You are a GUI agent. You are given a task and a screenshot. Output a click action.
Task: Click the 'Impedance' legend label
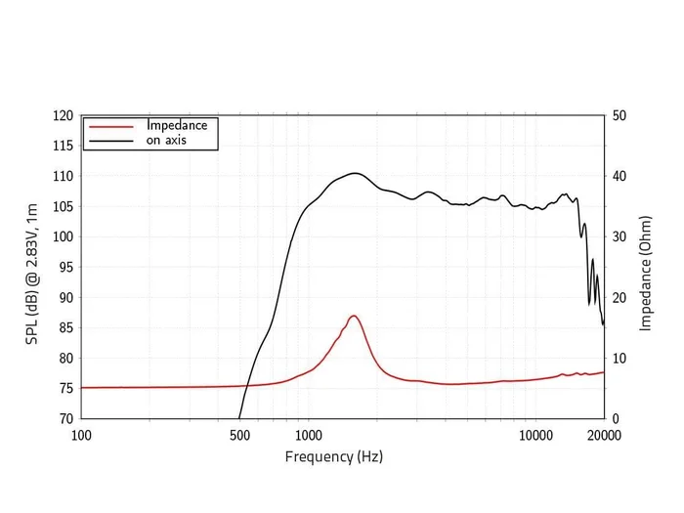tap(177, 125)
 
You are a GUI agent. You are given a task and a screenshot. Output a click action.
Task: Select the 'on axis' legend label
tap(166, 140)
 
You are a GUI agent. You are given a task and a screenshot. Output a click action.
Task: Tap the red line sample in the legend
tap(110, 126)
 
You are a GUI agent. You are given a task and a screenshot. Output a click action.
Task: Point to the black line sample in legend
tap(110, 141)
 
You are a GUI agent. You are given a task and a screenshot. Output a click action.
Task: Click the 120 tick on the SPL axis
tap(63, 115)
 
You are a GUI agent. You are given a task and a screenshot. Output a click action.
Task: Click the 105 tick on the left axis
tap(63, 206)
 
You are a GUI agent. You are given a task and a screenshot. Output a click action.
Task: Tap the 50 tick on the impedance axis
tap(620, 115)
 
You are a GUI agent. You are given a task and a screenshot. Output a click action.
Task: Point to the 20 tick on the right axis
tap(620, 297)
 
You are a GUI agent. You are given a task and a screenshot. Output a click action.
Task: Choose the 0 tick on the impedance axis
tap(616, 418)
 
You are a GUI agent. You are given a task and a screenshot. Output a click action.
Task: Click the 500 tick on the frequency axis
tap(240, 435)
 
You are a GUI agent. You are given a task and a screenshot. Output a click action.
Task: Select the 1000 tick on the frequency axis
tap(309, 435)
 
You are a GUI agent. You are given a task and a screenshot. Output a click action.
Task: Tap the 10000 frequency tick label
tap(535, 435)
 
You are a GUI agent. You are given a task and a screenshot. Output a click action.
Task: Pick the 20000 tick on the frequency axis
tap(604, 435)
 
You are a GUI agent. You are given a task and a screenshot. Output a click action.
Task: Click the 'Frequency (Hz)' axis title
tap(334, 456)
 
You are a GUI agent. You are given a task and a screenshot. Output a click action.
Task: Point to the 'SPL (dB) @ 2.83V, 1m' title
tap(32, 267)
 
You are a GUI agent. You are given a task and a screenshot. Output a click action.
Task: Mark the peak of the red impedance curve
tap(354, 316)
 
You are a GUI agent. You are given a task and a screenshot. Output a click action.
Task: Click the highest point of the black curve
tap(356, 173)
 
